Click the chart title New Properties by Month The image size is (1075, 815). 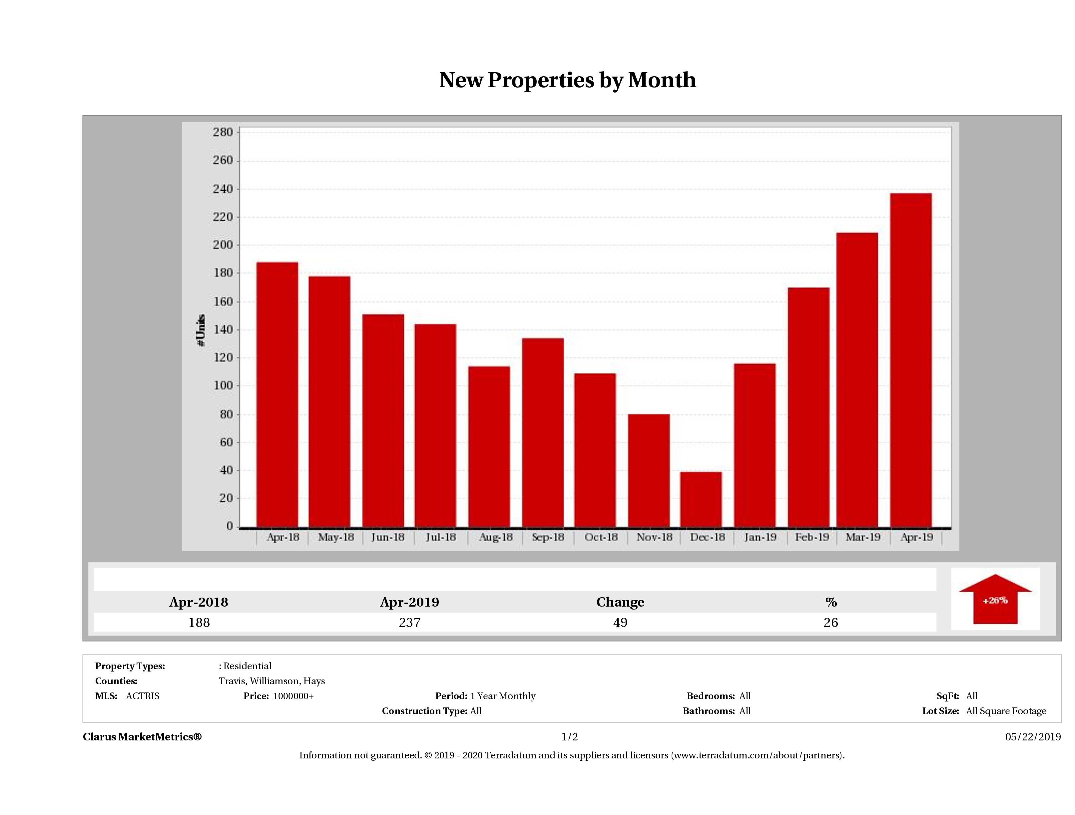(x=567, y=80)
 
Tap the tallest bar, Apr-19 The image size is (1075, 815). (x=911, y=360)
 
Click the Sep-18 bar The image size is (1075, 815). (x=543, y=432)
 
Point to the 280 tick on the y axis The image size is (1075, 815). (x=223, y=132)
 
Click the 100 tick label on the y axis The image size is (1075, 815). (x=223, y=386)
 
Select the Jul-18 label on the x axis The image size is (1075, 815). (x=440, y=537)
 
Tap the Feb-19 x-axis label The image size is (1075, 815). (x=811, y=537)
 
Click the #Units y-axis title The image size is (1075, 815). (x=201, y=330)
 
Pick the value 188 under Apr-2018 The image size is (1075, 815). (x=199, y=622)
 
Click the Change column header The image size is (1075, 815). (x=620, y=602)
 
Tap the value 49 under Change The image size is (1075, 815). (x=620, y=622)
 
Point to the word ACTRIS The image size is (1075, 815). (x=142, y=696)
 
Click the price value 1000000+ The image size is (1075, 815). (x=293, y=696)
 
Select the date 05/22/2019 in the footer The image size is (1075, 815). (x=1033, y=737)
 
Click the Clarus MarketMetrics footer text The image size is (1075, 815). (x=142, y=737)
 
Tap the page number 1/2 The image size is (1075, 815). (x=570, y=737)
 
